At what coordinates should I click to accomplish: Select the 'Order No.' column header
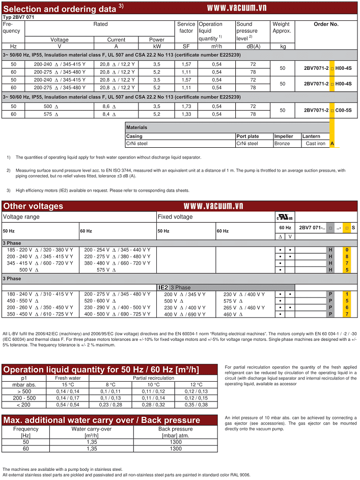click(326, 24)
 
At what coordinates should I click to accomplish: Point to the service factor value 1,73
click(186, 106)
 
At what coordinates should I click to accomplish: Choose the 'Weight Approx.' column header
click(281, 27)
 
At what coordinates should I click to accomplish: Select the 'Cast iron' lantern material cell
click(315, 144)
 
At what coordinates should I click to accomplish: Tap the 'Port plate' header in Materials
click(247, 136)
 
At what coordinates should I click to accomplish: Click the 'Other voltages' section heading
click(34, 206)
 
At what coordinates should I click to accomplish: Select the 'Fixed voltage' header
click(175, 217)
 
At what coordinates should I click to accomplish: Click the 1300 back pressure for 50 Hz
click(175, 442)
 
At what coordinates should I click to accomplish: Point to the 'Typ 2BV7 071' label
click(20, 17)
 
